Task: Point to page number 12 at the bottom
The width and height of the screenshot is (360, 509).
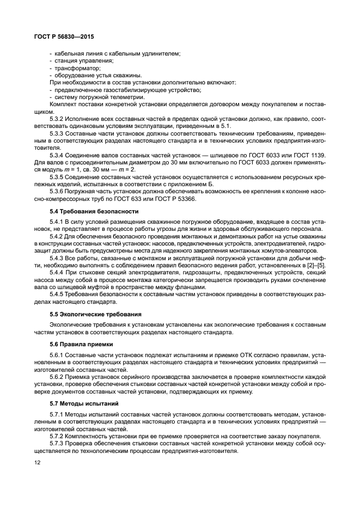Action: [37, 463]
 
